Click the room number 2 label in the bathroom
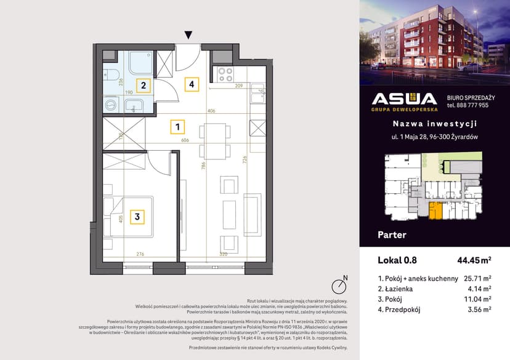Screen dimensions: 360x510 [143, 86]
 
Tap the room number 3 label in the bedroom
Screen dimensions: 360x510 [137, 217]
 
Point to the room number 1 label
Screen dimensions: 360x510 [177, 127]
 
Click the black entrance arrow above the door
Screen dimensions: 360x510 [188, 35]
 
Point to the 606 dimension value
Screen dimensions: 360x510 [185, 140]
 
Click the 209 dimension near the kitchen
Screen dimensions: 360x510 [240, 86]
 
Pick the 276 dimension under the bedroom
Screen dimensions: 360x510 [140, 253]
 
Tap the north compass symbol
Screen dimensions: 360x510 [338, 286]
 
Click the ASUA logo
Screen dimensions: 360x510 [403, 101]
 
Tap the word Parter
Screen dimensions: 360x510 [391, 234]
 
